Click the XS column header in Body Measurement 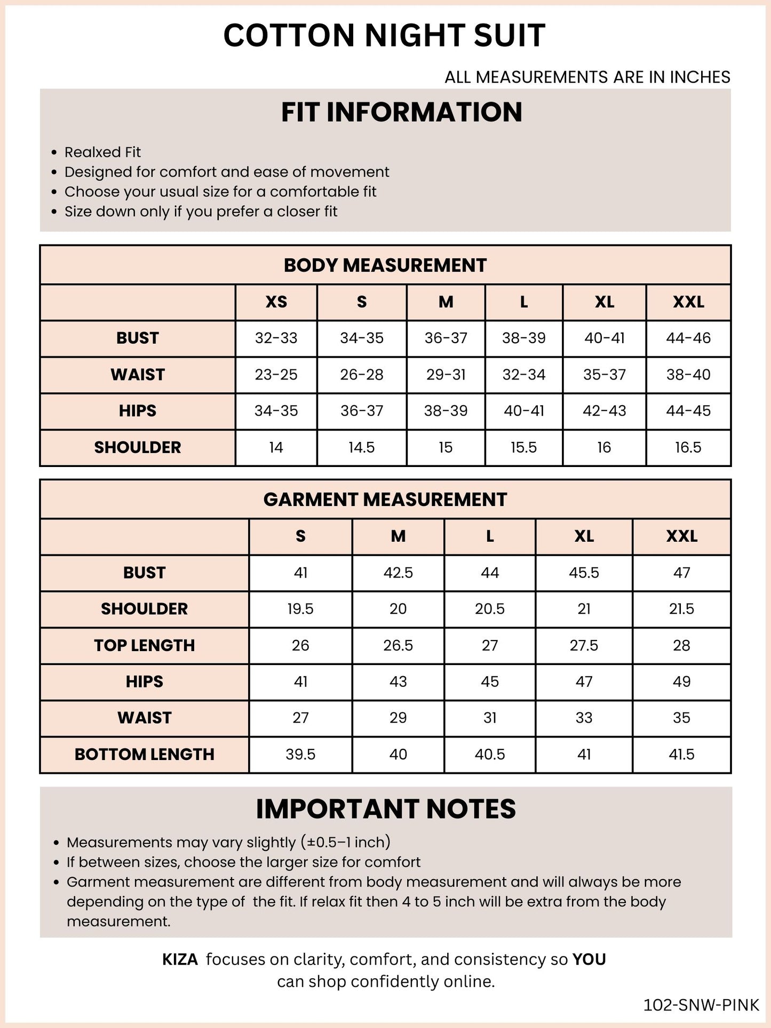pyautogui.click(x=276, y=302)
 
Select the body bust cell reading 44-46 pyautogui.click(x=688, y=338)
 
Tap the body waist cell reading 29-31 pyautogui.click(x=446, y=375)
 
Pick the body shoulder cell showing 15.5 pyautogui.click(x=523, y=447)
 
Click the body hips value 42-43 pyautogui.click(x=604, y=411)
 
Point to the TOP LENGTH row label pyautogui.click(x=145, y=645)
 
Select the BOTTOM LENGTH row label pyautogui.click(x=145, y=754)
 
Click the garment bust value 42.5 pyautogui.click(x=398, y=573)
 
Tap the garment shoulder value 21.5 pyautogui.click(x=681, y=609)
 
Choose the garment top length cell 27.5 pyautogui.click(x=584, y=645)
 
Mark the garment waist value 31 pyautogui.click(x=490, y=718)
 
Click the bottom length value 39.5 pyautogui.click(x=300, y=754)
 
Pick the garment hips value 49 pyautogui.click(x=681, y=682)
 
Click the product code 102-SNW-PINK pyautogui.click(x=701, y=1005)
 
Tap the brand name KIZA pyautogui.click(x=180, y=960)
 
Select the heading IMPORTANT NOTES pyautogui.click(x=386, y=809)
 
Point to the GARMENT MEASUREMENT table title pyautogui.click(x=385, y=500)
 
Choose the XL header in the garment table pyautogui.click(x=584, y=536)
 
